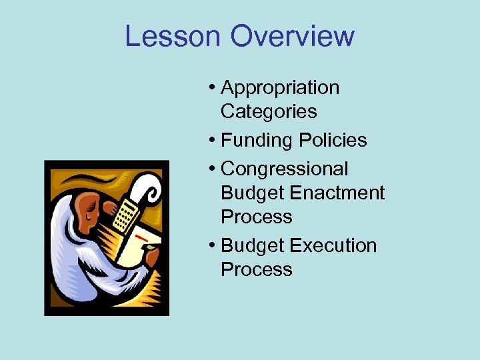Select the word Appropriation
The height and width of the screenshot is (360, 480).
(x=280, y=88)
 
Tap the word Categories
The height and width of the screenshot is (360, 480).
(x=269, y=111)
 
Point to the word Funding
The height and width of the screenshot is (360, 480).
(x=257, y=141)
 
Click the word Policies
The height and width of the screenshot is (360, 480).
(x=333, y=141)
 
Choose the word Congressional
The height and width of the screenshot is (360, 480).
(x=285, y=169)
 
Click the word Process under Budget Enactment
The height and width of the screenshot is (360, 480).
(x=257, y=217)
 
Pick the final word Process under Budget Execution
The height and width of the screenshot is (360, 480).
(x=257, y=270)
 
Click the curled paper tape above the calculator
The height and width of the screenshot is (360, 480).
(x=149, y=189)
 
